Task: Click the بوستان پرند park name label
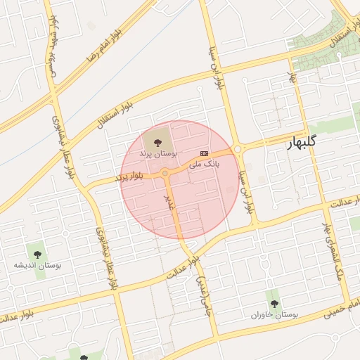pyautogui.click(x=158, y=153)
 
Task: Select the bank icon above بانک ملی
pyautogui.click(x=205, y=152)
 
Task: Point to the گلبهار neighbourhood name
pyautogui.click(x=302, y=142)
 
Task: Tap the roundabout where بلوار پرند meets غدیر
pyautogui.click(x=165, y=173)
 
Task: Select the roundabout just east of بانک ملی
pyautogui.click(x=237, y=149)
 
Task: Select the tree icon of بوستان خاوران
pyautogui.click(x=274, y=304)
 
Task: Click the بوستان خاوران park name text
pyautogui.click(x=274, y=315)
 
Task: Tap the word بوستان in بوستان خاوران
pyautogui.click(x=286, y=315)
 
